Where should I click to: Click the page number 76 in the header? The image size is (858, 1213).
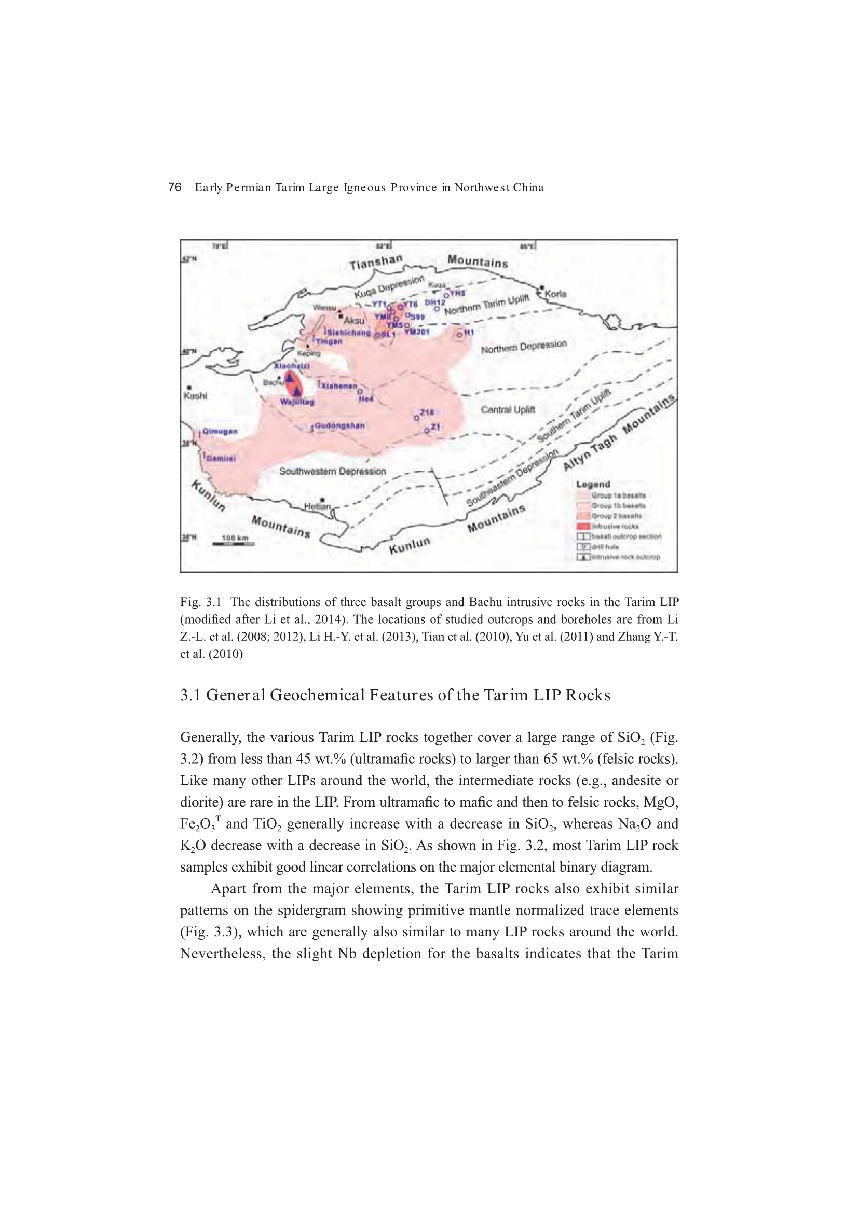pos(174,187)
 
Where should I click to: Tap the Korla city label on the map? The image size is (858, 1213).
pos(555,294)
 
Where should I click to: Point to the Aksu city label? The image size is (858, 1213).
pos(353,321)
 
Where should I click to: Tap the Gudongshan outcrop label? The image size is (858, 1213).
pos(339,425)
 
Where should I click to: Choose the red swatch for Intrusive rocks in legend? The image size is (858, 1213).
pos(583,526)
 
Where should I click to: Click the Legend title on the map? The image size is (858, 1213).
pos(593,484)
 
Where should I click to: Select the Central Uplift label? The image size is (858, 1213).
pos(508,409)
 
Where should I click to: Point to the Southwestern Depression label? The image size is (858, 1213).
pos(333,471)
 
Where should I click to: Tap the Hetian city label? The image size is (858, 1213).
pos(317,506)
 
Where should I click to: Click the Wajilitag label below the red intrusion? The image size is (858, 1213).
pos(297,402)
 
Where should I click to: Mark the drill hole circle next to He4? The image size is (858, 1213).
pos(360,392)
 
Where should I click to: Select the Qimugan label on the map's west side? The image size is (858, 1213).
pos(220,431)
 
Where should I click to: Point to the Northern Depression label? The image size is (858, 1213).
pos(523,347)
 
